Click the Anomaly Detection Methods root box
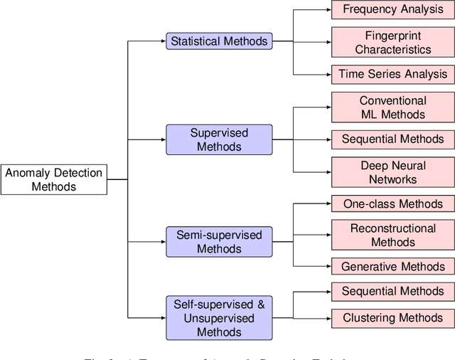tap(54, 179)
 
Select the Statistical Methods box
tap(219, 41)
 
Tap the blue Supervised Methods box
tap(219, 139)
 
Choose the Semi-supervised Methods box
tap(219, 242)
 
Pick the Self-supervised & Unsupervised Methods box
tap(219, 318)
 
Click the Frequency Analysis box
tap(393, 9)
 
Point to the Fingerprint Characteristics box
tap(393, 43)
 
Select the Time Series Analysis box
tap(393, 74)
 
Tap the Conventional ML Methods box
tap(393, 107)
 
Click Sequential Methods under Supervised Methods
tap(393, 139)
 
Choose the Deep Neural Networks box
tap(393, 172)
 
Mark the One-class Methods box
tap(393, 203)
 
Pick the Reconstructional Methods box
tap(393, 235)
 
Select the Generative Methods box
tap(393, 267)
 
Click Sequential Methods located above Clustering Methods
tap(393, 291)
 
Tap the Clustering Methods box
tap(393, 318)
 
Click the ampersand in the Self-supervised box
tap(261, 305)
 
